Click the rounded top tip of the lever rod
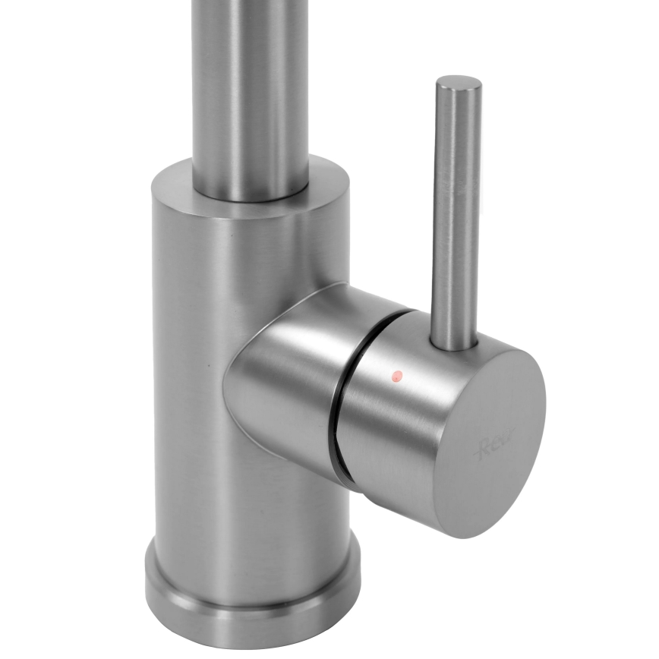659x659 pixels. (x=459, y=80)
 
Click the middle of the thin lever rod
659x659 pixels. (x=456, y=213)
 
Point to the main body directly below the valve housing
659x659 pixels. (x=258, y=493)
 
